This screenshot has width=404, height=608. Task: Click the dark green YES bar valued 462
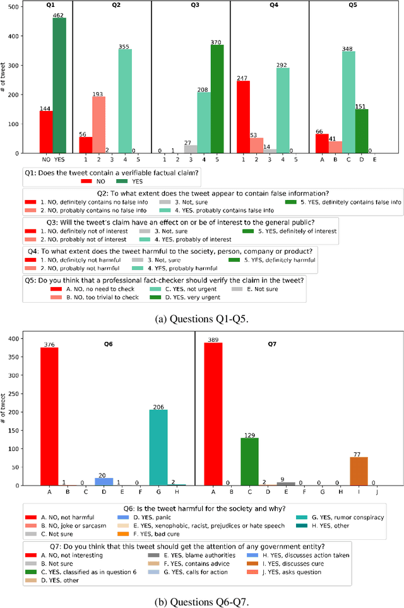[59, 85]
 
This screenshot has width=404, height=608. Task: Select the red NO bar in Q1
[46, 132]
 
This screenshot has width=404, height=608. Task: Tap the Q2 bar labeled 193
[98, 124]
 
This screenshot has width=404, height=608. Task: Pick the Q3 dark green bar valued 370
[217, 98]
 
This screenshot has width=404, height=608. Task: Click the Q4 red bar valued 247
[243, 117]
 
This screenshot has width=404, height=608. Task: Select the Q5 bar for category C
[349, 102]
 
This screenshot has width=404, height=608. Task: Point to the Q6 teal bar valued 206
[158, 447]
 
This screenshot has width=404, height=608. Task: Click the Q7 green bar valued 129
[249, 461]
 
